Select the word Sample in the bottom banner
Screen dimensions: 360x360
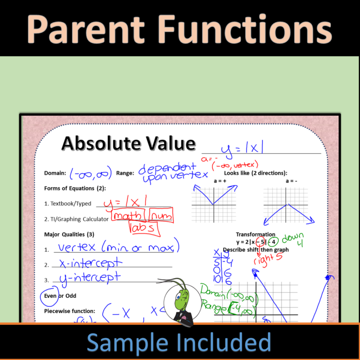pos(129,343)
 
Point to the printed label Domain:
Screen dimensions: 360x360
pos(55,173)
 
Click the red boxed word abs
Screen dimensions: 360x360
pos(143,228)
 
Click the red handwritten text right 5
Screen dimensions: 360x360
pos(268,259)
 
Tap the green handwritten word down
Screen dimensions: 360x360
pos(293,238)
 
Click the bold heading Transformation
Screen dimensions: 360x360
pos(255,234)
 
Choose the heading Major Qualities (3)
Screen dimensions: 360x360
pos(69,234)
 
